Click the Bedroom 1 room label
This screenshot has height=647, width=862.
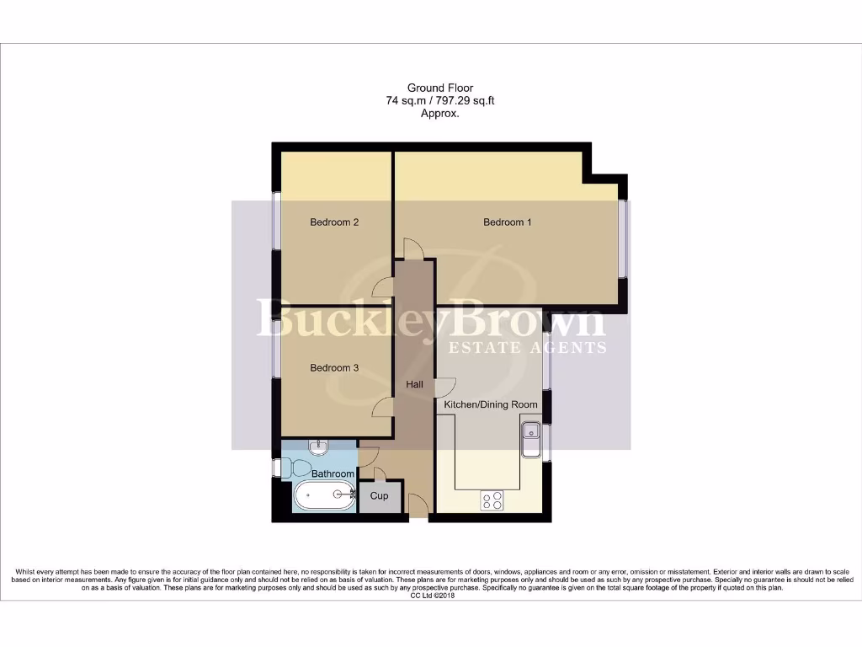pyautogui.click(x=507, y=222)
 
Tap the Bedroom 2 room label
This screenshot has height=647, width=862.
pyautogui.click(x=334, y=222)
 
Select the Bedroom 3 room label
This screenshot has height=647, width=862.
pyautogui.click(x=334, y=368)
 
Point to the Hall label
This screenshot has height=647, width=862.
pyautogui.click(x=414, y=385)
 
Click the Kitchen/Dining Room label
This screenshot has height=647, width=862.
pyautogui.click(x=490, y=405)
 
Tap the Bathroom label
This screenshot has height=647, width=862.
pyautogui.click(x=333, y=474)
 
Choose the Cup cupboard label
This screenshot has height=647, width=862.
pyautogui.click(x=379, y=496)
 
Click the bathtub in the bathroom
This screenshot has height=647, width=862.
pyautogui.click(x=323, y=498)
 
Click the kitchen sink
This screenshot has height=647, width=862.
pyautogui.click(x=531, y=440)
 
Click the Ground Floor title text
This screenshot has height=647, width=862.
pyautogui.click(x=440, y=88)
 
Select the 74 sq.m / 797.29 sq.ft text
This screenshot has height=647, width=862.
pyautogui.click(x=440, y=100)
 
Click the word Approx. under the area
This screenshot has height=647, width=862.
pyautogui.click(x=440, y=113)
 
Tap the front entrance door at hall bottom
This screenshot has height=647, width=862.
pyautogui.click(x=416, y=508)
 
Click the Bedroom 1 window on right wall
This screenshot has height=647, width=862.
pyautogui.click(x=623, y=238)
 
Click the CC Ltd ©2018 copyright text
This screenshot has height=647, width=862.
pyautogui.click(x=431, y=596)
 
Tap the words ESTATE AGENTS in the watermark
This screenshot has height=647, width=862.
pyautogui.click(x=527, y=347)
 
